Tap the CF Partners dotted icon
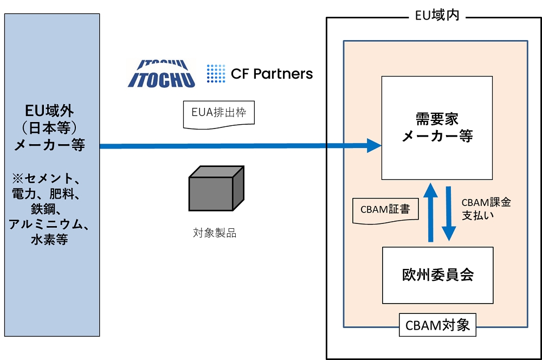[x=216, y=74]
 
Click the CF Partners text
[x=272, y=74]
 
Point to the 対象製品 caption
[x=215, y=234]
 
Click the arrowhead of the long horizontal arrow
[x=373, y=145]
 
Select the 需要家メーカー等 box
[x=437, y=128]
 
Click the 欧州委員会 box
[x=438, y=275]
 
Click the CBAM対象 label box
[x=438, y=326]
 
